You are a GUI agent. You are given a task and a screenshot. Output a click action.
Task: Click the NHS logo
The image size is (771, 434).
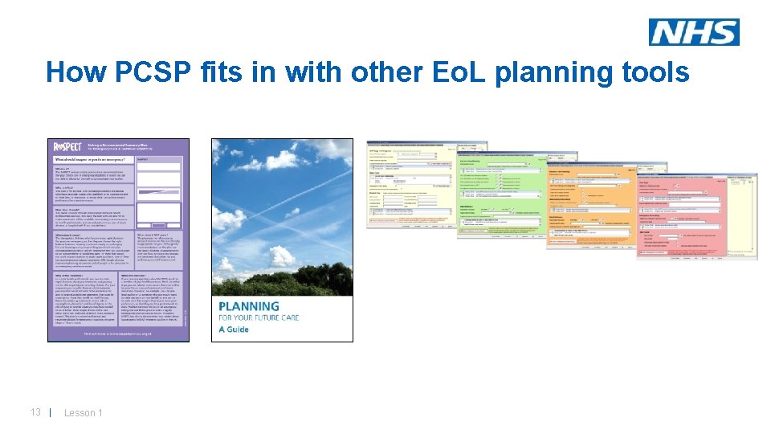click(x=694, y=32)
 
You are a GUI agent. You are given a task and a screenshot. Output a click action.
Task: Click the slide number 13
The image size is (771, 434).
click(x=35, y=412)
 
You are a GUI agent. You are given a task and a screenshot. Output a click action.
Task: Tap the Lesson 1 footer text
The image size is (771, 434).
click(x=83, y=413)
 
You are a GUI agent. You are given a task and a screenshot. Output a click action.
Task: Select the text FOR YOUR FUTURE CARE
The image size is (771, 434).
click(x=270, y=319)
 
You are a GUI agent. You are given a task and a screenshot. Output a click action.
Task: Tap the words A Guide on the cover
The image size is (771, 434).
click(x=234, y=330)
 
